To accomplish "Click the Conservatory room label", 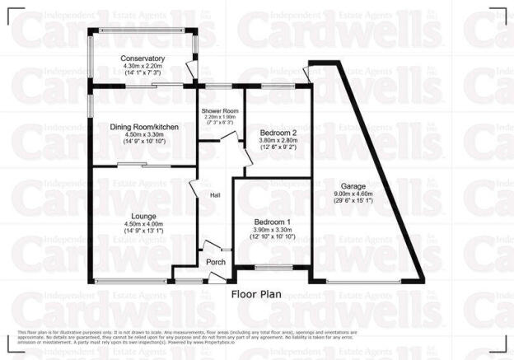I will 143,58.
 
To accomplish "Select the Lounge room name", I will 143,216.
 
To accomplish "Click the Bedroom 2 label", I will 278,133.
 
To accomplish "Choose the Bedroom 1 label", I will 272,222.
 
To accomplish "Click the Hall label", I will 216,195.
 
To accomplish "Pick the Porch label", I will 216,263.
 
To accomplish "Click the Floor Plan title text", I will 257,293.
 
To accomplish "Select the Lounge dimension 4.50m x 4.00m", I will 143,223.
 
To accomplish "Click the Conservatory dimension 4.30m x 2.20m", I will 143,66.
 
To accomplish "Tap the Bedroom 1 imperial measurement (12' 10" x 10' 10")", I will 272,237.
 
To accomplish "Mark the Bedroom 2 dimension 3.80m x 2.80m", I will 278,140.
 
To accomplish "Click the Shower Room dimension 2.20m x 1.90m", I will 220,117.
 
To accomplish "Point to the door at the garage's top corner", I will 306,72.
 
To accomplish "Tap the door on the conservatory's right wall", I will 194,72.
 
